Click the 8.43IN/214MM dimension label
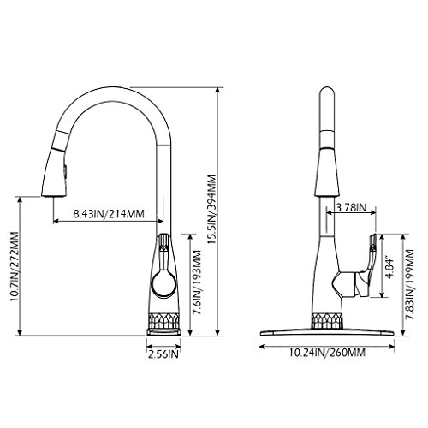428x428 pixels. click(x=109, y=214)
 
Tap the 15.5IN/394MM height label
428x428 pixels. click(x=211, y=209)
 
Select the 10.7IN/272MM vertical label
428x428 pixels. click(x=14, y=266)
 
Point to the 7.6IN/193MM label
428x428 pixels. click(x=197, y=282)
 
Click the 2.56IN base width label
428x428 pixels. click(x=163, y=354)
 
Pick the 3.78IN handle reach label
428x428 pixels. click(x=351, y=207)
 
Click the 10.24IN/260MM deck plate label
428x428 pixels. click(x=327, y=353)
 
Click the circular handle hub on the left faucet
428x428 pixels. click(x=163, y=284)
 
